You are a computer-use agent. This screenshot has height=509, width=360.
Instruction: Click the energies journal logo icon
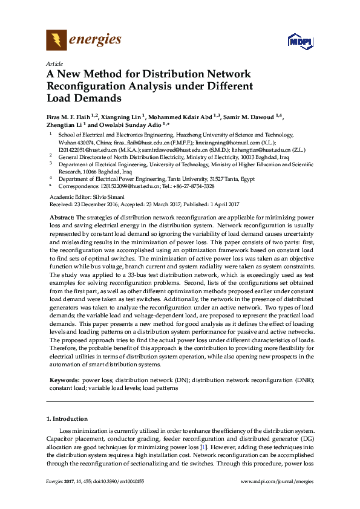click(57, 41)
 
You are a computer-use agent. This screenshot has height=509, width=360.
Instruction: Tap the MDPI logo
click(300, 42)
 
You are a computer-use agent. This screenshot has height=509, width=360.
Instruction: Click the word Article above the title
click(54, 63)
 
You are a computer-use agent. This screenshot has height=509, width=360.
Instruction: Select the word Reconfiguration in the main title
click(87, 86)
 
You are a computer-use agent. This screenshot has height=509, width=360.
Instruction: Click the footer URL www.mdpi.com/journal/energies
click(277, 481)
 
